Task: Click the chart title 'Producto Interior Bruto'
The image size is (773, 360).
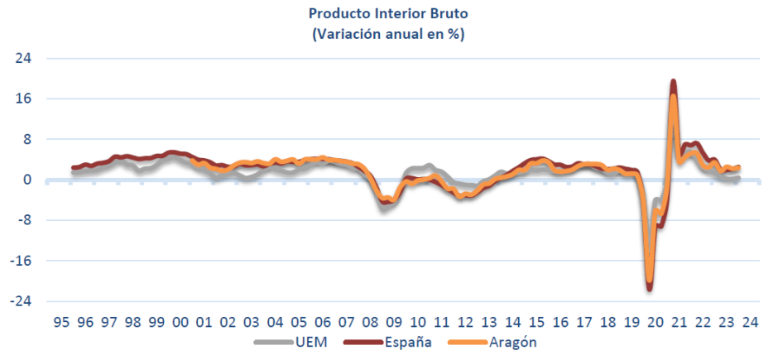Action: coord(387,14)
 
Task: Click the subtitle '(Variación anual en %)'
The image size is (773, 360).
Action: coord(387,34)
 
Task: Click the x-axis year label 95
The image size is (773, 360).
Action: coord(60,323)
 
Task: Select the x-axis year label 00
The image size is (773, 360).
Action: coord(180,323)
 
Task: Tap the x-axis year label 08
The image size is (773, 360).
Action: coord(370,323)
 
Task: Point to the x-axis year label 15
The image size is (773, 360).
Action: coord(537,323)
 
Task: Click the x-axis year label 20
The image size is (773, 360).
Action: coord(656,323)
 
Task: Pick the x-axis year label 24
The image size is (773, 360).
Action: coord(751,323)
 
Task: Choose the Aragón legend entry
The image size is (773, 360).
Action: coord(495,342)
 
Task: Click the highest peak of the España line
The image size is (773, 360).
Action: coord(674,82)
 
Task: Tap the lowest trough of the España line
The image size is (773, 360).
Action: coord(650,288)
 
